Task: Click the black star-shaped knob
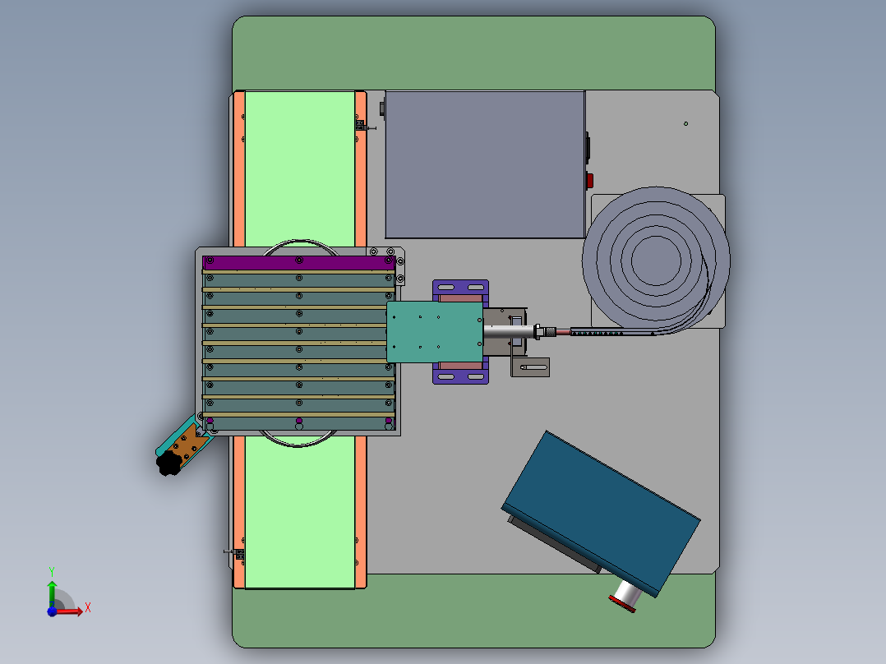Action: point(168,463)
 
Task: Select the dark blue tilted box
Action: point(602,513)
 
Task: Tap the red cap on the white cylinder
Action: point(622,604)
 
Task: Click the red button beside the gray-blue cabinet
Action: point(589,181)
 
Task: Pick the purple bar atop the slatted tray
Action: point(298,261)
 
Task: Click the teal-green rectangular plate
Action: point(435,332)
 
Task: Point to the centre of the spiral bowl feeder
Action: point(656,261)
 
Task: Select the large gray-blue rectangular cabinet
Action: point(485,164)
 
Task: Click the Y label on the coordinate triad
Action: point(52,572)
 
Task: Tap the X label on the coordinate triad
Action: point(88,608)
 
